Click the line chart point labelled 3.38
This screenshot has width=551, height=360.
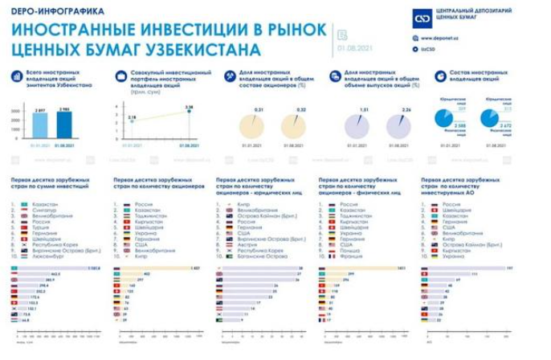190,111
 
